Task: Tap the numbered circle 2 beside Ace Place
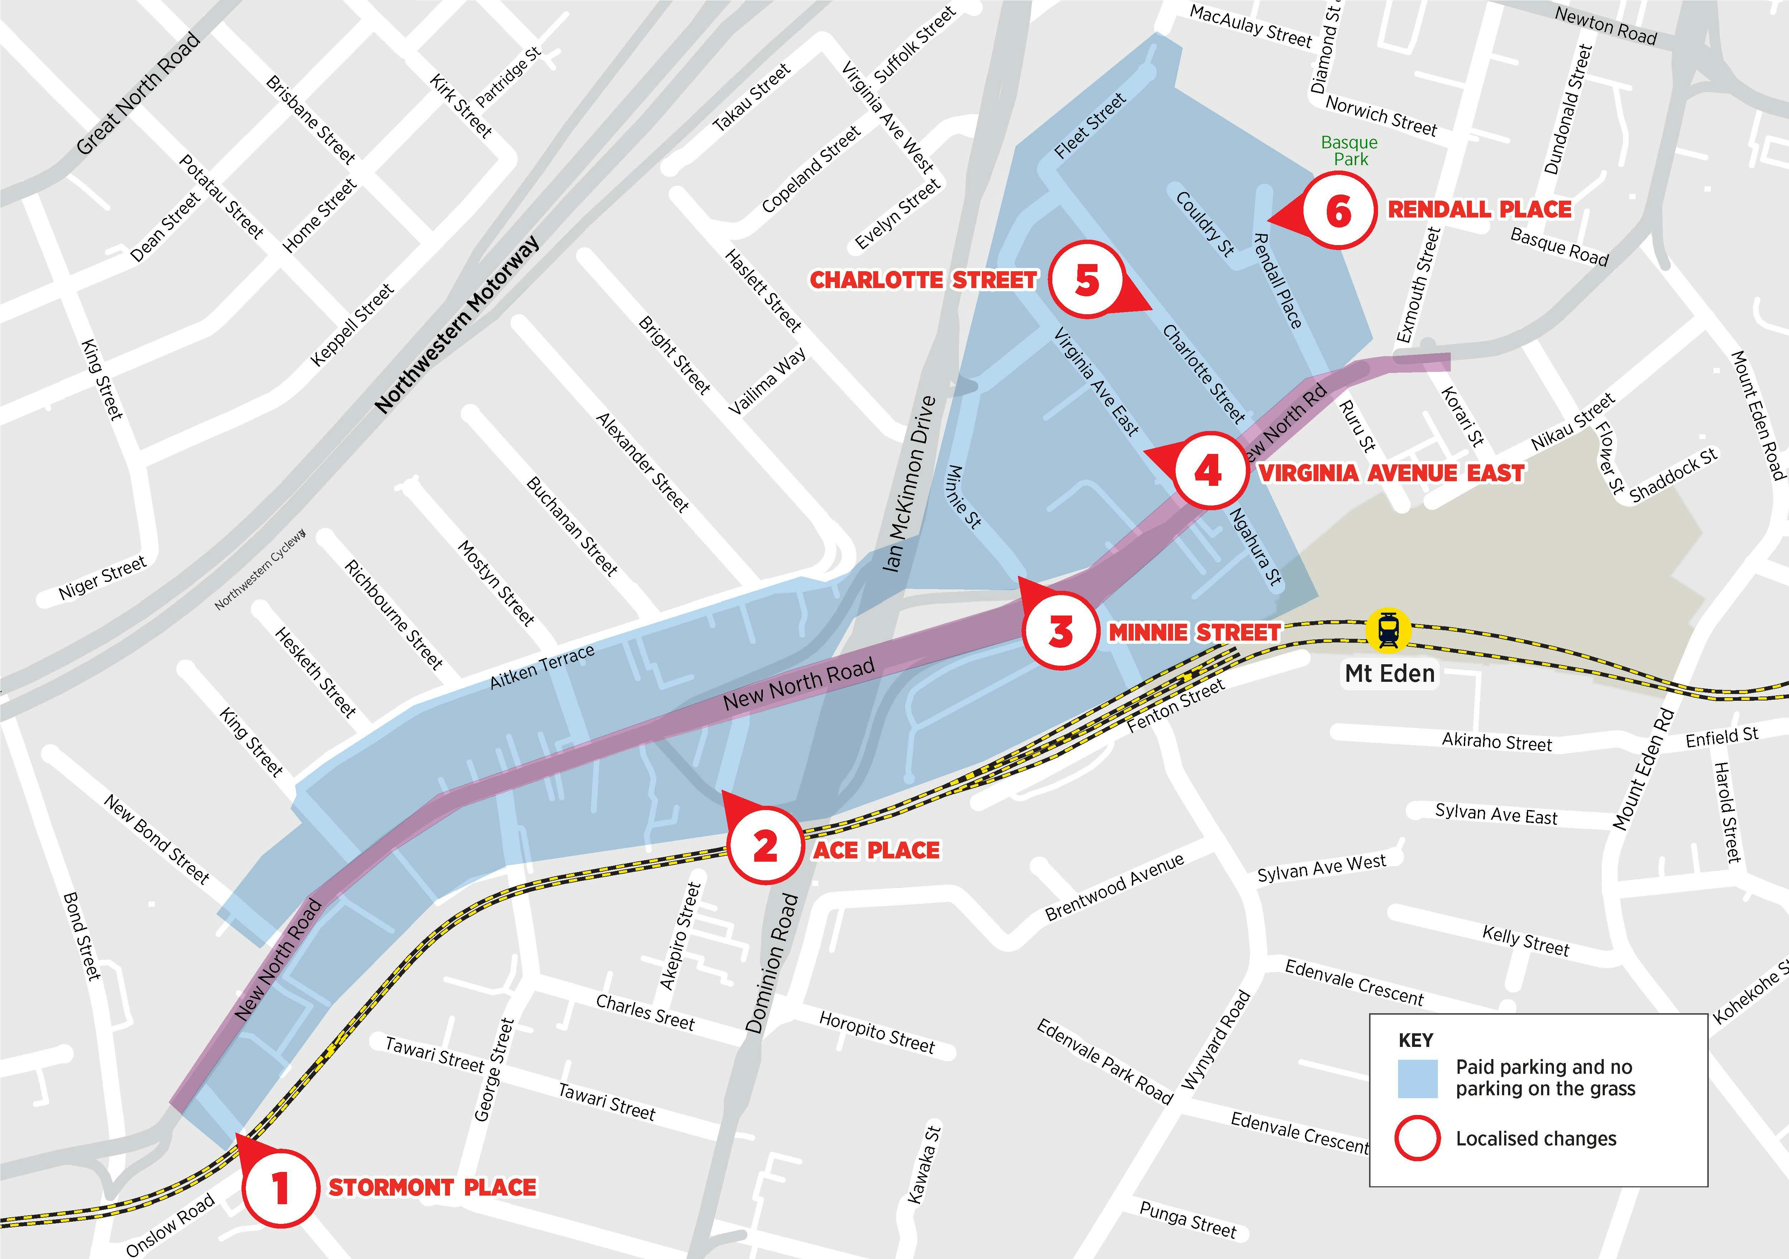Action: (x=765, y=845)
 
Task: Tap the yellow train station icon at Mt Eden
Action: (x=1388, y=629)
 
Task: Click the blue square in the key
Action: (x=1417, y=1078)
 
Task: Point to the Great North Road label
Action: (x=139, y=94)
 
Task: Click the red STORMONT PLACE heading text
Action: (x=432, y=1187)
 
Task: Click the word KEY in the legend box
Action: (x=1416, y=1040)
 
